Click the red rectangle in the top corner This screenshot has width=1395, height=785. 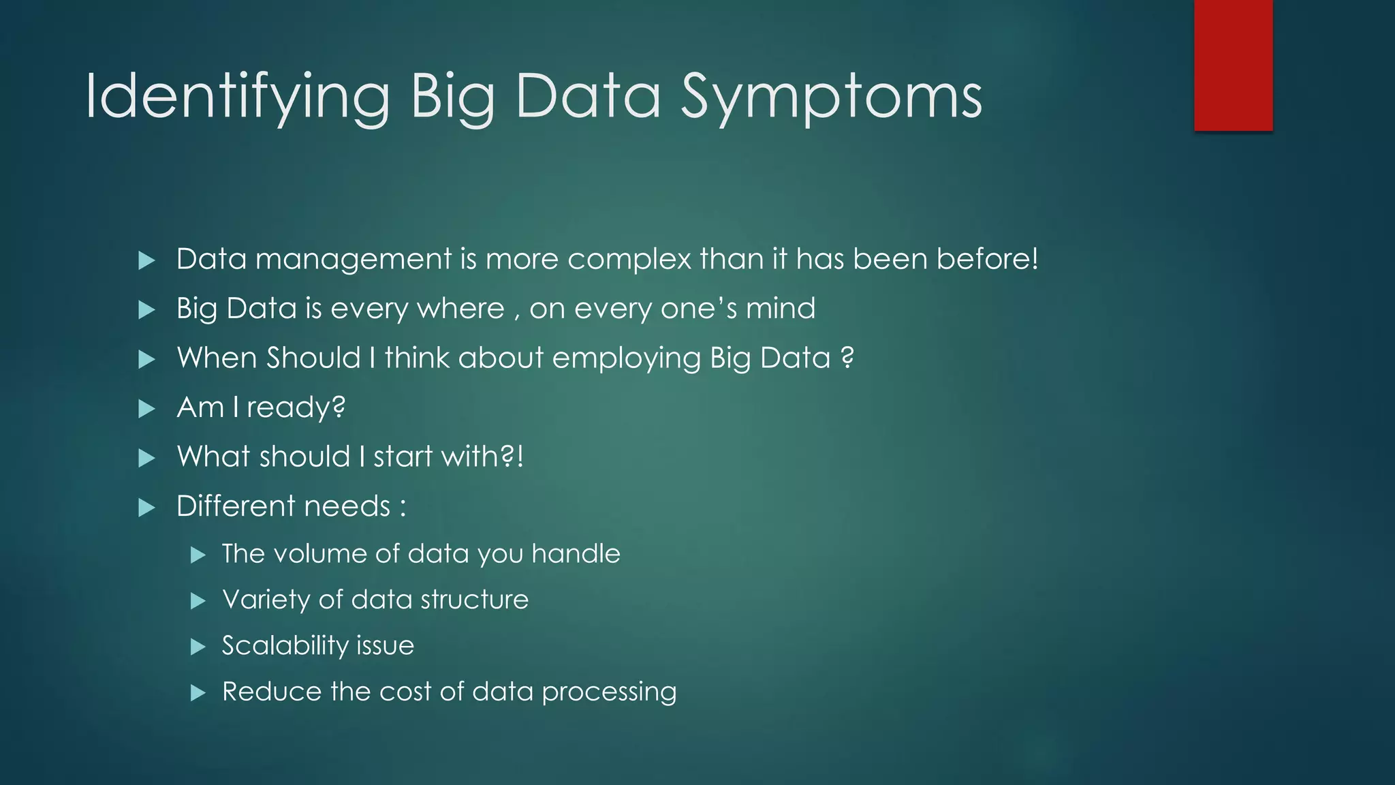(1233, 65)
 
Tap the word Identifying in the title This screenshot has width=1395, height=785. (237, 97)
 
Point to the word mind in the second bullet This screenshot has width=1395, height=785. (781, 309)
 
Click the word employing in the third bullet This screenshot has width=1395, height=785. (626, 358)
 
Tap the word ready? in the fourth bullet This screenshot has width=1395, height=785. (296, 407)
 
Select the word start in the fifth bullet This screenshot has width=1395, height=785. (403, 457)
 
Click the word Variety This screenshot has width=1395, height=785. (266, 600)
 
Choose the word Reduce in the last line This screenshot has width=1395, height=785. (272, 692)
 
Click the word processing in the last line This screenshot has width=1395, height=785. (609, 692)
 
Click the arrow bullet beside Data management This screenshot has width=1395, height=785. (146, 260)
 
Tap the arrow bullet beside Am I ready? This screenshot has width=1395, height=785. (146, 409)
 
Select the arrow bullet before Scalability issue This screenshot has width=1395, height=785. (198, 647)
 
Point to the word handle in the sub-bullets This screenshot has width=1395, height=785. (576, 554)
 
